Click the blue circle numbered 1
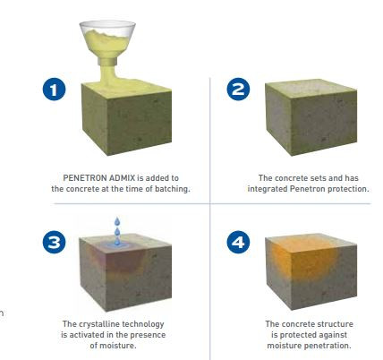(x=54, y=89)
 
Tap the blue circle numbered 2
(x=238, y=89)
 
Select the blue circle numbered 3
(x=54, y=242)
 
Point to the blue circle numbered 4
(x=238, y=242)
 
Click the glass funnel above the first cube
(x=107, y=42)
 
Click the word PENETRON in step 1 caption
(x=85, y=178)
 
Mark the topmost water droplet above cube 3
(x=117, y=221)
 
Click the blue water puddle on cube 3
(x=117, y=245)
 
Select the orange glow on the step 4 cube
(x=303, y=259)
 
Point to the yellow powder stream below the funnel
(x=108, y=73)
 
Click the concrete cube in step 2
(x=311, y=117)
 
